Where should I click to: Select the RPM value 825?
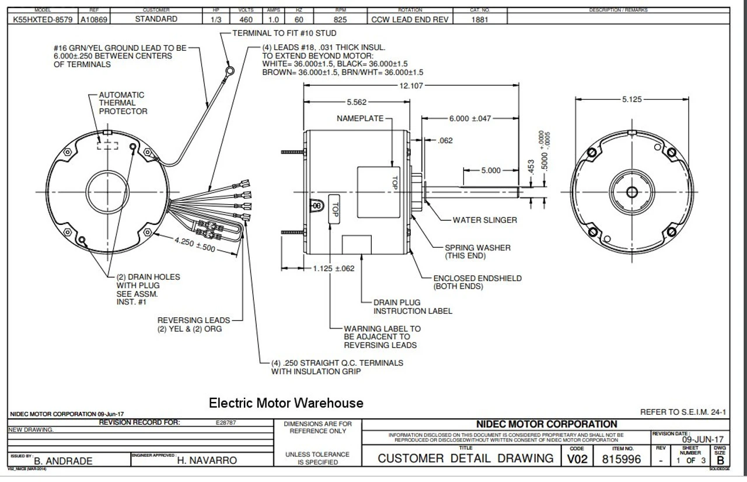[x=340, y=19]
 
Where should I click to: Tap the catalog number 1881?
[x=480, y=19]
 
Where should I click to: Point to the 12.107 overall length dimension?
[x=411, y=85]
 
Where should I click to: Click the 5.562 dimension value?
[x=357, y=102]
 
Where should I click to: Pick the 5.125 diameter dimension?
[x=631, y=99]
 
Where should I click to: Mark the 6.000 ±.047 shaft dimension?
[x=470, y=119]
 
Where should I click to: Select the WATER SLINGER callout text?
[x=484, y=220]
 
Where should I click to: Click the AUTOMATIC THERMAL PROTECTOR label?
[x=123, y=103]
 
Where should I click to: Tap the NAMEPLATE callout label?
[x=360, y=119]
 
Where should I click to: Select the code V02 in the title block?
[x=577, y=460]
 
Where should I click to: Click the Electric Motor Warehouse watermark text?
[x=286, y=403]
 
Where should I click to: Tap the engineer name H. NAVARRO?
[x=207, y=460]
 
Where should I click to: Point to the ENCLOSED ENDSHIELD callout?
[x=477, y=282]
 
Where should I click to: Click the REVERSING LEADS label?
[x=193, y=324]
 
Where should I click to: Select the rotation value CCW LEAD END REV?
[x=410, y=19]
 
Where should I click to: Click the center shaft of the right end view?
[x=632, y=192]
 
